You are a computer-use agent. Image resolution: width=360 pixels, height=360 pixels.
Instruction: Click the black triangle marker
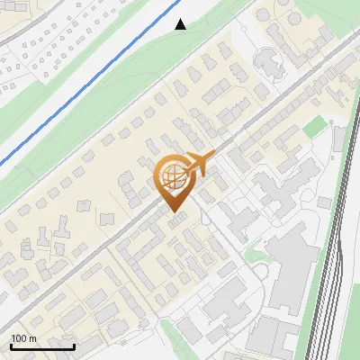tap(181, 24)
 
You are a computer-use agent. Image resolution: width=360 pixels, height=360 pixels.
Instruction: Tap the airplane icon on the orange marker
tap(200, 163)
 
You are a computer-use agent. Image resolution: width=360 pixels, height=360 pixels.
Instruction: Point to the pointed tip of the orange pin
tap(172, 212)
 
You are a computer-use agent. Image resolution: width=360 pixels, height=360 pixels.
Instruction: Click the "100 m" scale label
tap(23, 338)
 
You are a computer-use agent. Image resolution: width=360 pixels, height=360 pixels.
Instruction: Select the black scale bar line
tap(42, 346)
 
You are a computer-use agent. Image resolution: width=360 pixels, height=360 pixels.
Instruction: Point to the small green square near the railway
tap(311, 129)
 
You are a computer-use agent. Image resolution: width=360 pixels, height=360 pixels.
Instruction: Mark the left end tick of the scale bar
tap(11, 346)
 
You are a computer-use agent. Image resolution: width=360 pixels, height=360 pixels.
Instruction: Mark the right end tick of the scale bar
tap(74, 346)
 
